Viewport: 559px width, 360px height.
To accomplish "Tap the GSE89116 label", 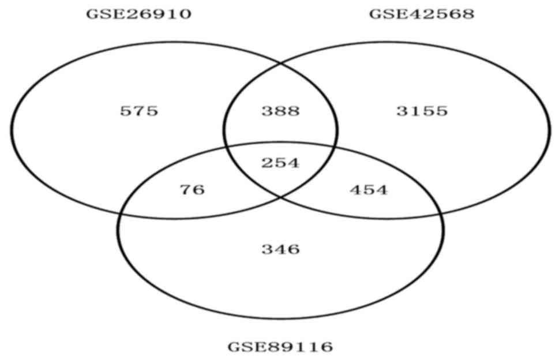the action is click(x=280, y=347).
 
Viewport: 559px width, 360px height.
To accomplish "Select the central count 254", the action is click(x=280, y=163).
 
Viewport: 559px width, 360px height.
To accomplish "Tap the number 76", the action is click(x=193, y=190).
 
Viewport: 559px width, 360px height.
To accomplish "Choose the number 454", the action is click(x=369, y=190).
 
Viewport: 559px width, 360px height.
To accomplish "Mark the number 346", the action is click(x=280, y=249).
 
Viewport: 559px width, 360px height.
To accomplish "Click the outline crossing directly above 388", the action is click(x=280, y=62).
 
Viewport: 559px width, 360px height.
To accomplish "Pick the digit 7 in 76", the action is click(x=186, y=190).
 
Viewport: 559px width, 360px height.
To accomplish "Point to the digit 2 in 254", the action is click(x=267, y=163).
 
